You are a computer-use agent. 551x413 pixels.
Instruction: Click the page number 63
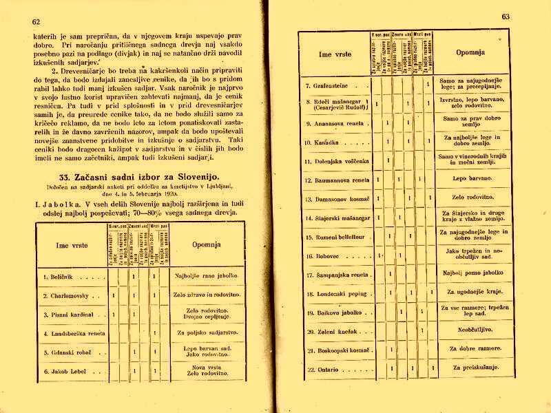pos(506,17)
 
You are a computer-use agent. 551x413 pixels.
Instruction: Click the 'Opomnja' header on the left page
pos(203,244)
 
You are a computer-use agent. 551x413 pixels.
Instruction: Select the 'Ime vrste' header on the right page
pos(334,52)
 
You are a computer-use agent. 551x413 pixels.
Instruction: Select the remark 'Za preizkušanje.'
pos(473,368)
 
